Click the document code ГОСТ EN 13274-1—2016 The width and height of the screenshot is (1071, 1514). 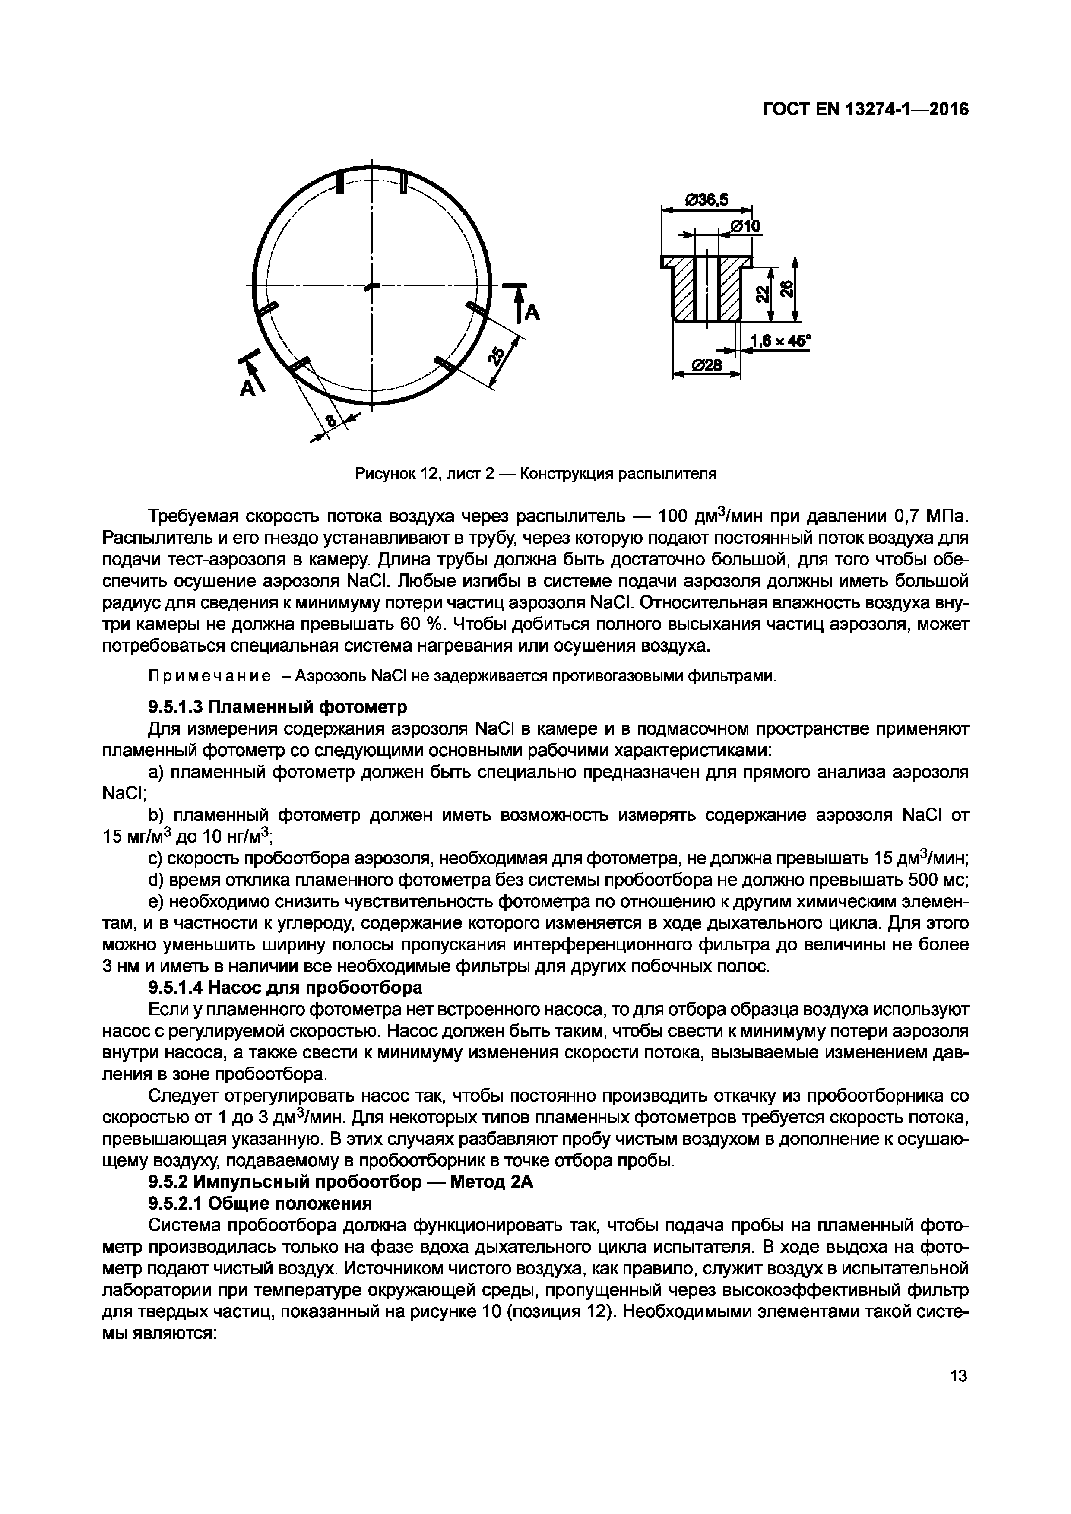point(865,109)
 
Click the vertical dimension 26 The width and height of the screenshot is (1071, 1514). point(786,289)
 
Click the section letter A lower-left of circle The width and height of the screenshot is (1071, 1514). point(247,389)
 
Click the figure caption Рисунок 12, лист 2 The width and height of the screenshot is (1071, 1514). point(535,473)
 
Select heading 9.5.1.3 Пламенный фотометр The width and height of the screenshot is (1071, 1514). point(277,707)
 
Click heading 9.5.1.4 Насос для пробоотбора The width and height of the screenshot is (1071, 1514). point(284,988)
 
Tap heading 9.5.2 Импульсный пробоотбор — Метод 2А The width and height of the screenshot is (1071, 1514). point(340,1182)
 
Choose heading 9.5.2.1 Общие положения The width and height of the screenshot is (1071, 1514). point(260,1204)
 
